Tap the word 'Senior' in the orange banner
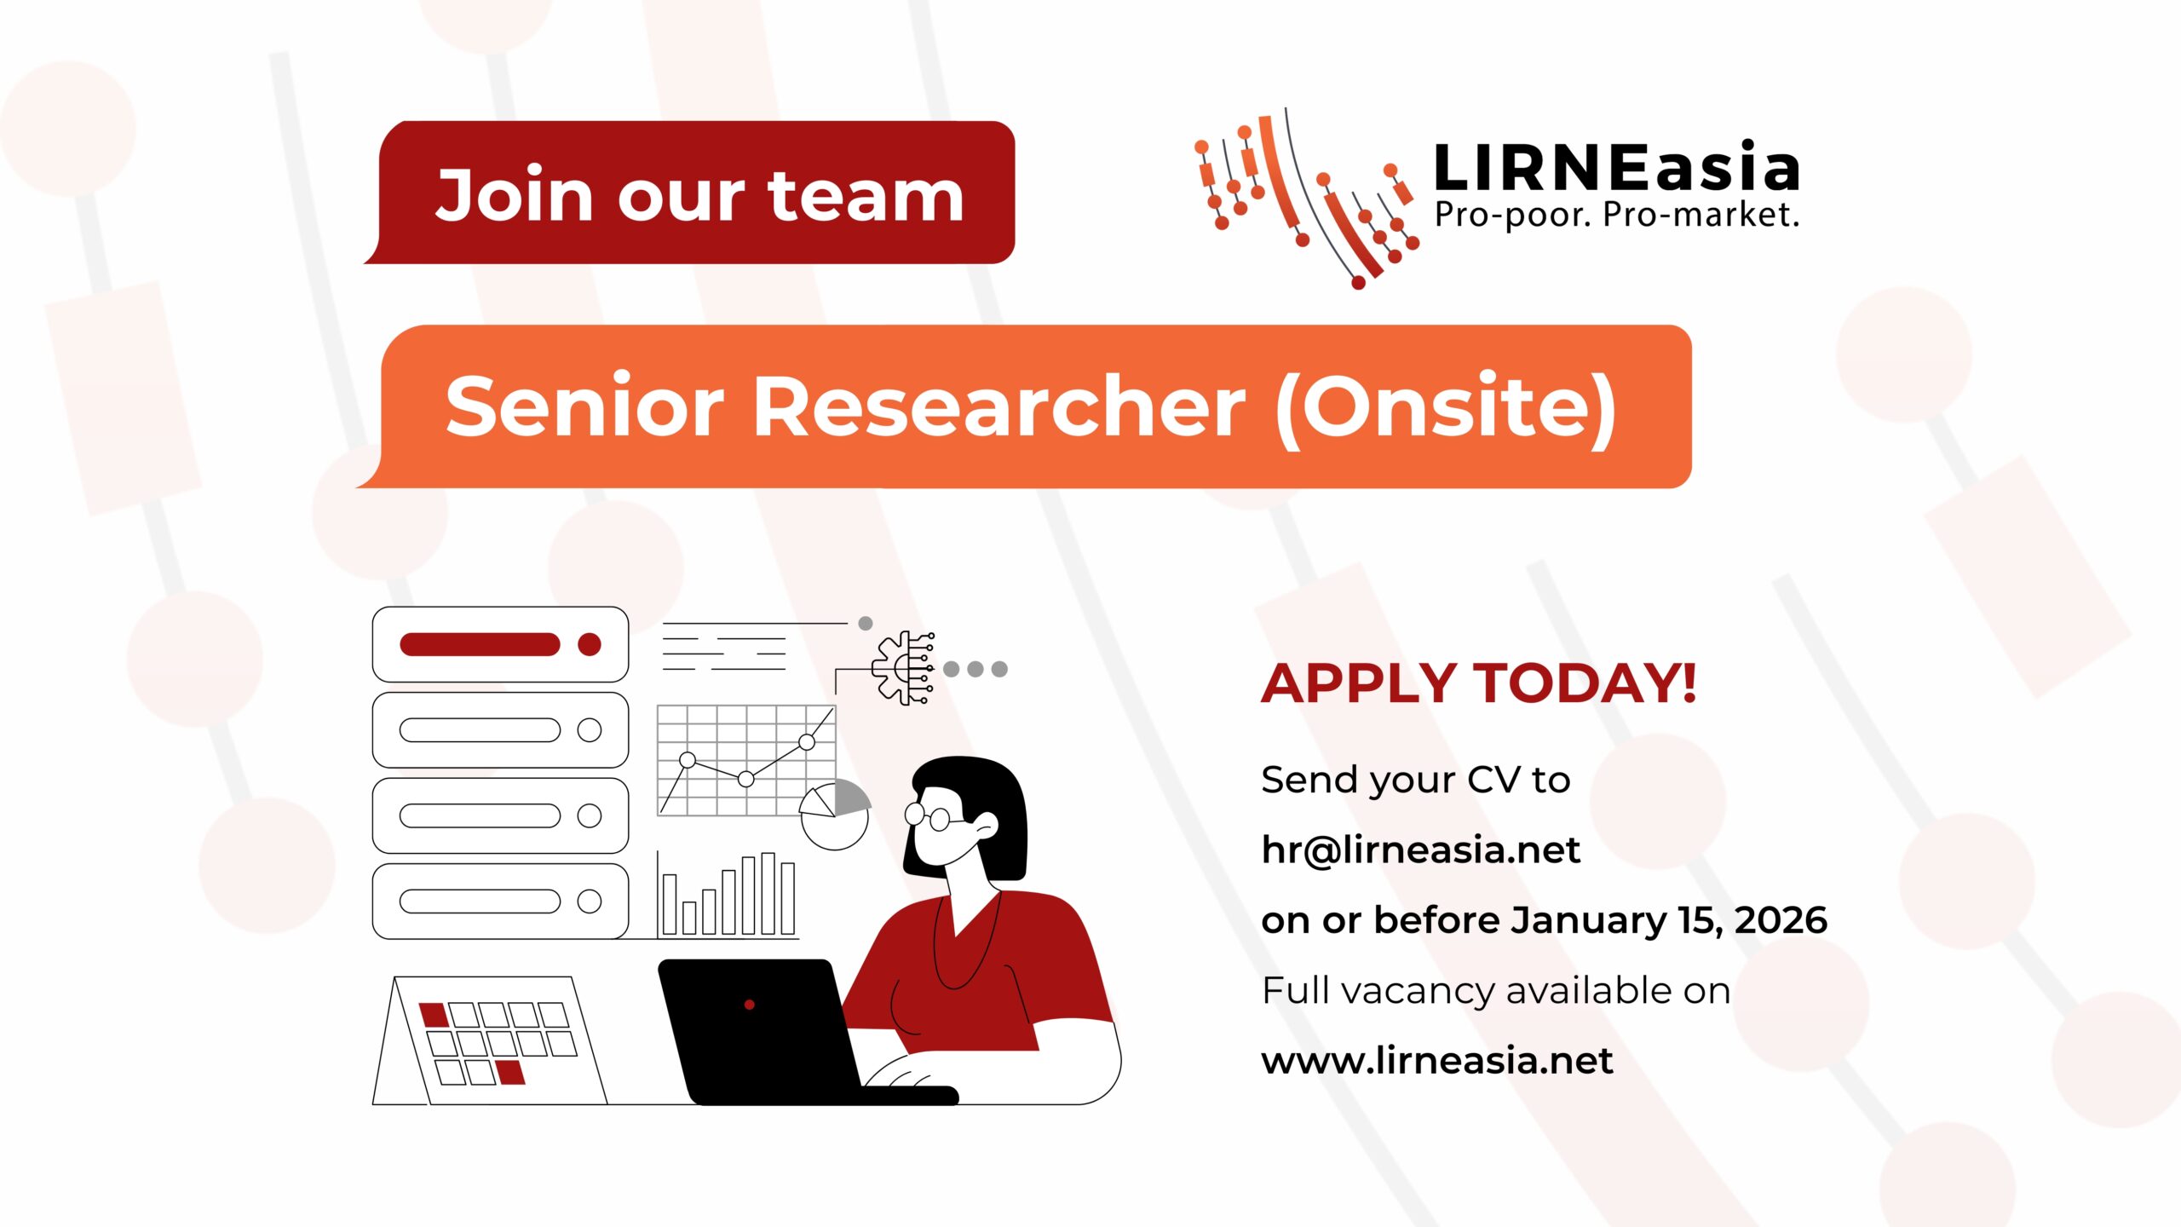[584, 406]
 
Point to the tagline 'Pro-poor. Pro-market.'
[1616, 216]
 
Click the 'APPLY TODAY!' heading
[1478, 683]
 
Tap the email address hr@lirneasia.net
[1420, 850]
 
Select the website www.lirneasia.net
[1437, 1061]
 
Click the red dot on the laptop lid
[750, 1005]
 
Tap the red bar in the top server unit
[480, 644]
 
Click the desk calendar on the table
[490, 1040]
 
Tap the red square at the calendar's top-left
[434, 1015]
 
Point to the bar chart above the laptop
[728, 895]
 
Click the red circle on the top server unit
[590, 644]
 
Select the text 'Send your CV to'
[1416, 780]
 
